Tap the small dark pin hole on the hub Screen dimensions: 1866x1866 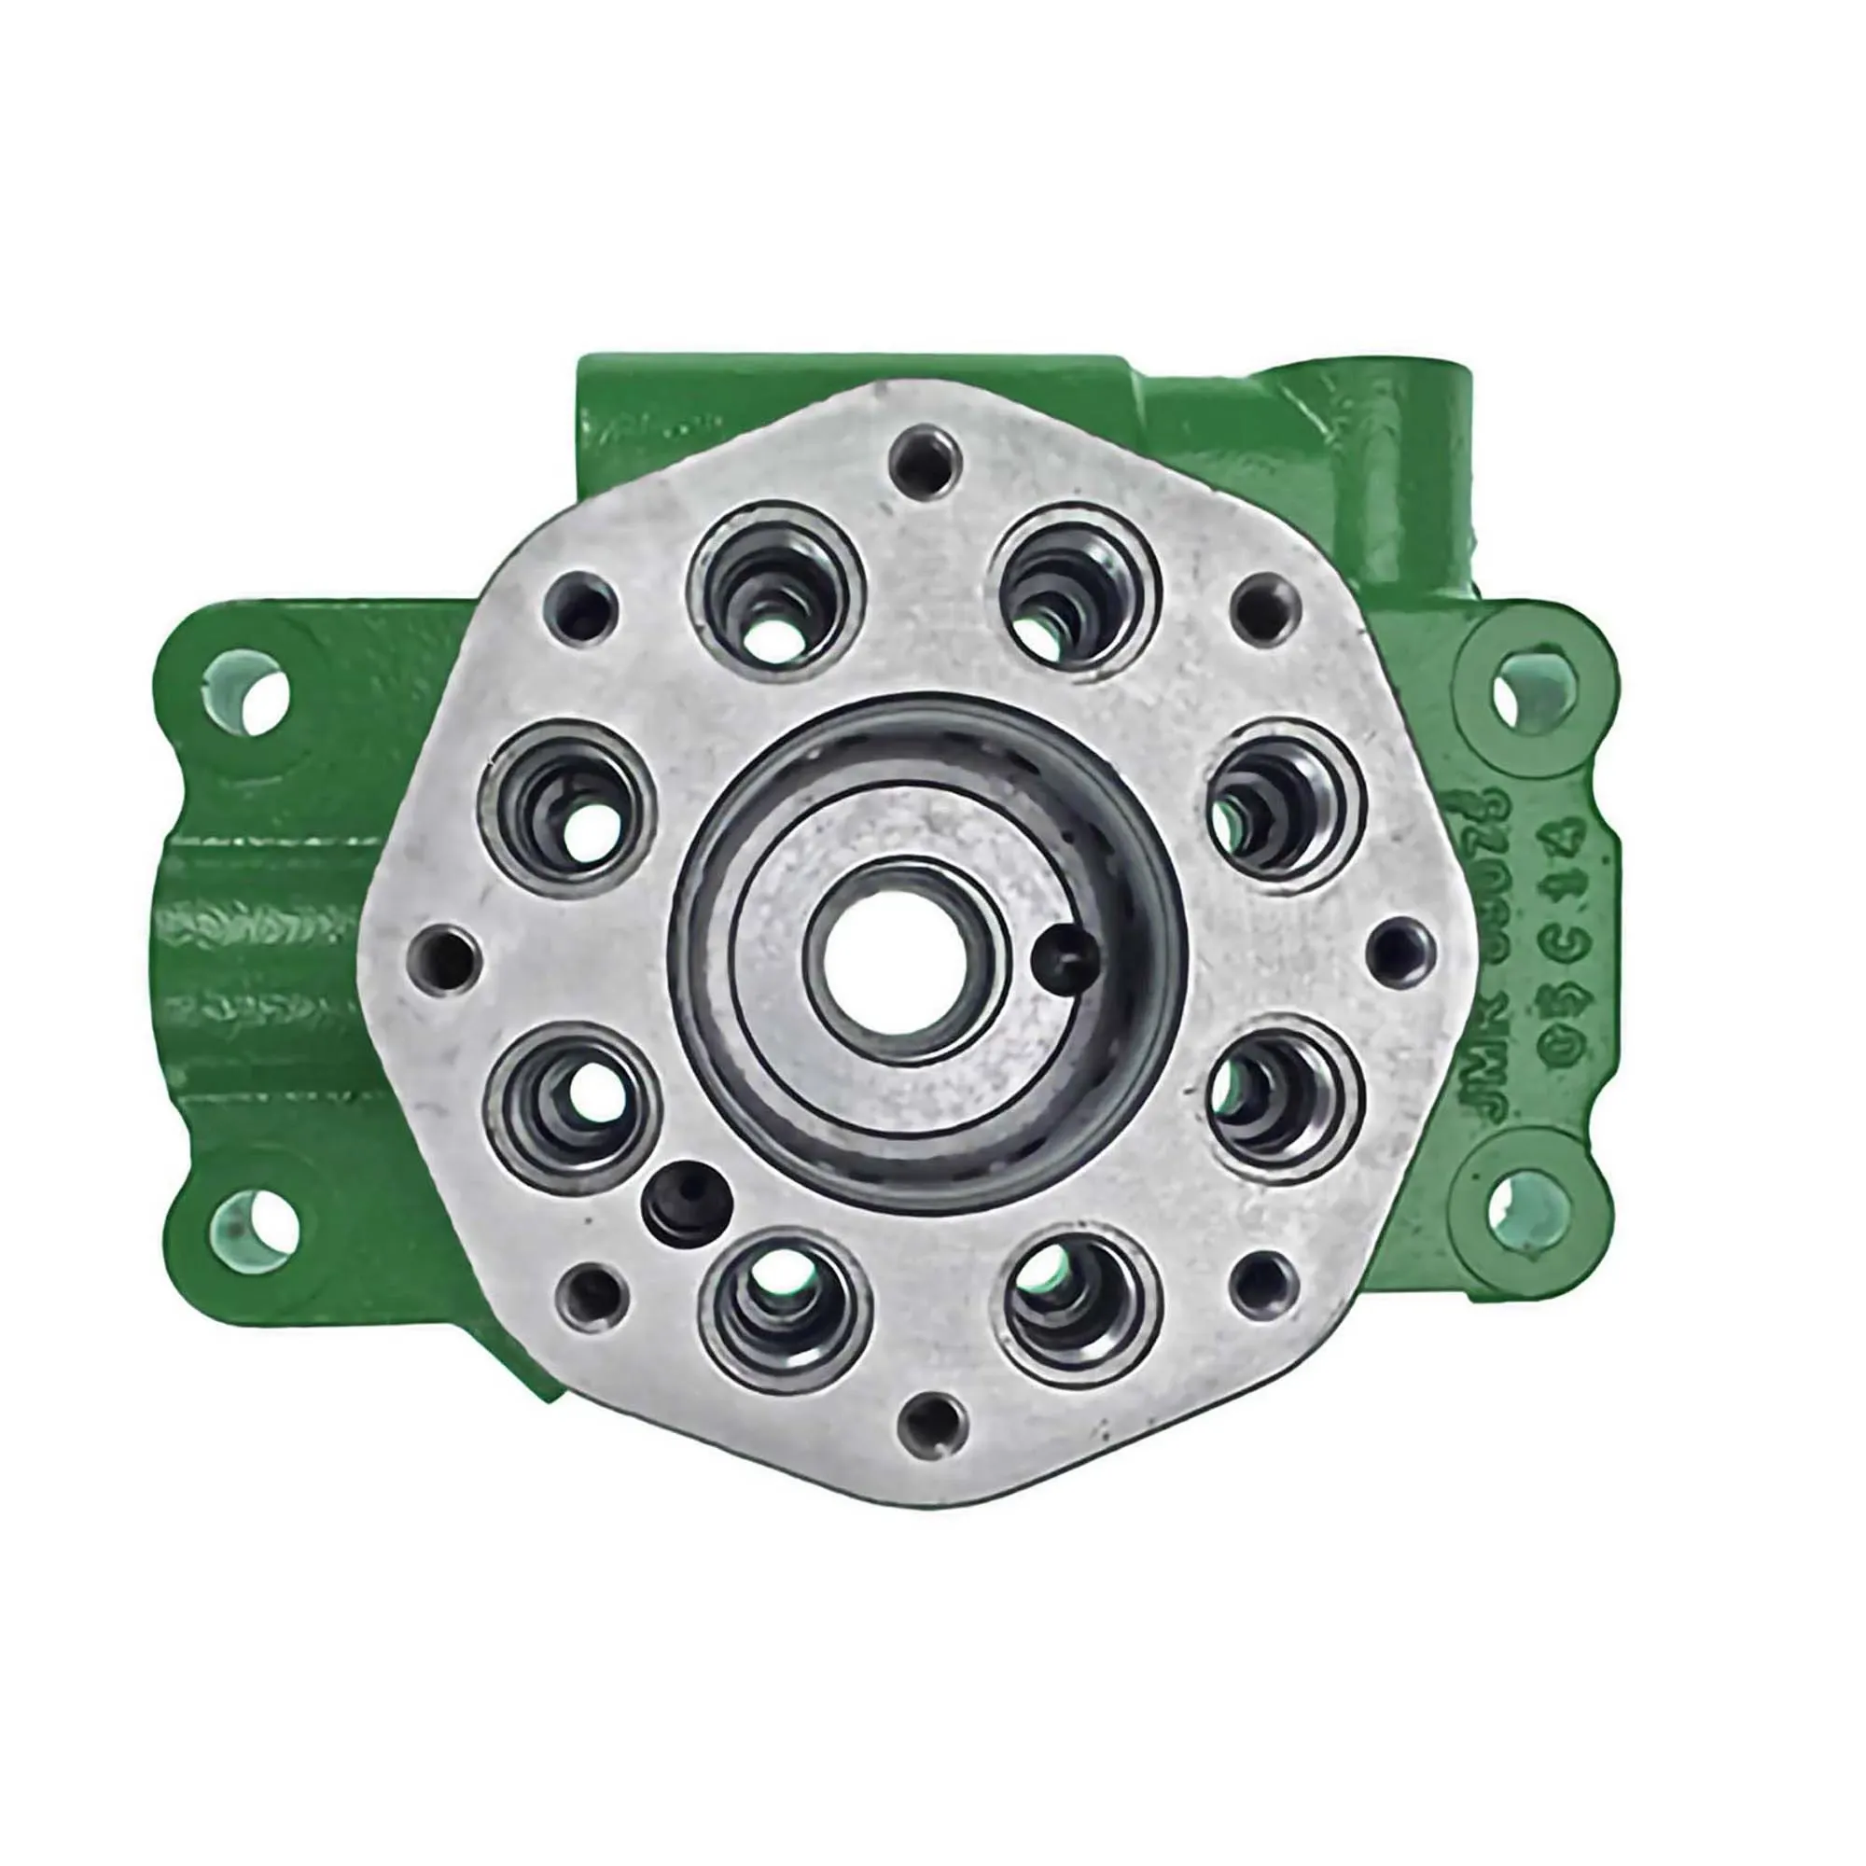coord(1064,955)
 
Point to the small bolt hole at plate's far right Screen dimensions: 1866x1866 coord(1400,950)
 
